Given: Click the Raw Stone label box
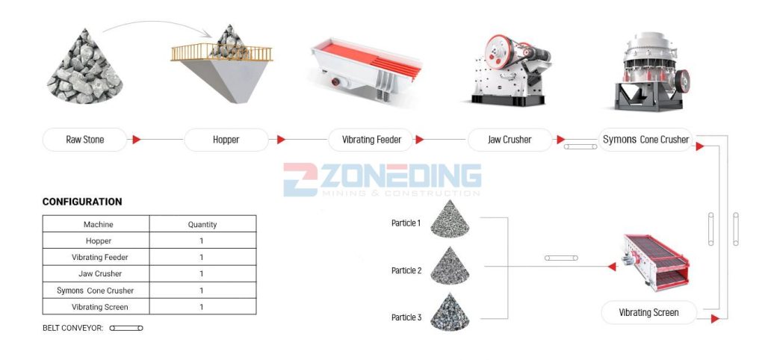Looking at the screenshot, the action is click(85, 140).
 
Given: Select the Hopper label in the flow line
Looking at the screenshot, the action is click(226, 140).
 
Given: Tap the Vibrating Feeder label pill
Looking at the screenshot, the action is click(371, 140).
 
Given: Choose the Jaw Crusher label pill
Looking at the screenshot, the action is click(510, 140).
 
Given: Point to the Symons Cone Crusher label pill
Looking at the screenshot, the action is click(645, 140).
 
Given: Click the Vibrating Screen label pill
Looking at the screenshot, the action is click(648, 313).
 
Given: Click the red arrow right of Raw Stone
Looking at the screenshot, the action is click(136, 140).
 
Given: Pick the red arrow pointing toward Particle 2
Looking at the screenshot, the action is click(612, 267).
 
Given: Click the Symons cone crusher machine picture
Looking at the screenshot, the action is click(651, 71).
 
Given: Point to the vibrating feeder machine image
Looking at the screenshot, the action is click(366, 69).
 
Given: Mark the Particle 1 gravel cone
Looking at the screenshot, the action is click(450, 219).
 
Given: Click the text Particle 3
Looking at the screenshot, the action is click(406, 317).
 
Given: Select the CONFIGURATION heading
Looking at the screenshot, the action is click(82, 202).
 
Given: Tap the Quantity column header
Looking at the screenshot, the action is click(202, 224).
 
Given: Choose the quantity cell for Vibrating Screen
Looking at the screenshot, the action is click(202, 307).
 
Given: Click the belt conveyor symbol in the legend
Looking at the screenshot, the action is click(126, 329).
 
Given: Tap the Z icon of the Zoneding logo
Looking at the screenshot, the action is click(300, 179).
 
